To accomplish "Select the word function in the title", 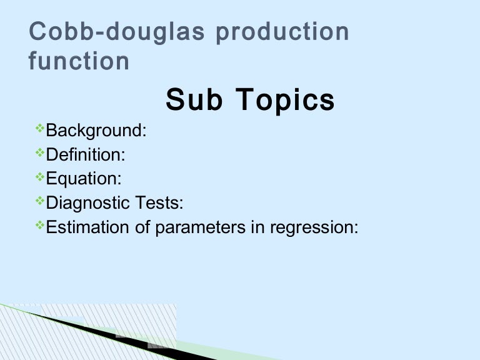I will click(x=79, y=61).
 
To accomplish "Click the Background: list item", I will click(x=96, y=131).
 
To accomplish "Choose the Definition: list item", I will click(x=90, y=154).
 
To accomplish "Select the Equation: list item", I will click(x=84, y=179).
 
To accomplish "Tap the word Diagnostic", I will click(x=89, y=203).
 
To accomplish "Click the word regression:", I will click(x=314, y=227).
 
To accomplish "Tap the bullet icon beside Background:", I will click(x=40, y=129).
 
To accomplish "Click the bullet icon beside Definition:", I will click(x=40, y=153).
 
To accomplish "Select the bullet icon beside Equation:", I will click(x=40, y=177).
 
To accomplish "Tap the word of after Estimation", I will click(x=142, y=227).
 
